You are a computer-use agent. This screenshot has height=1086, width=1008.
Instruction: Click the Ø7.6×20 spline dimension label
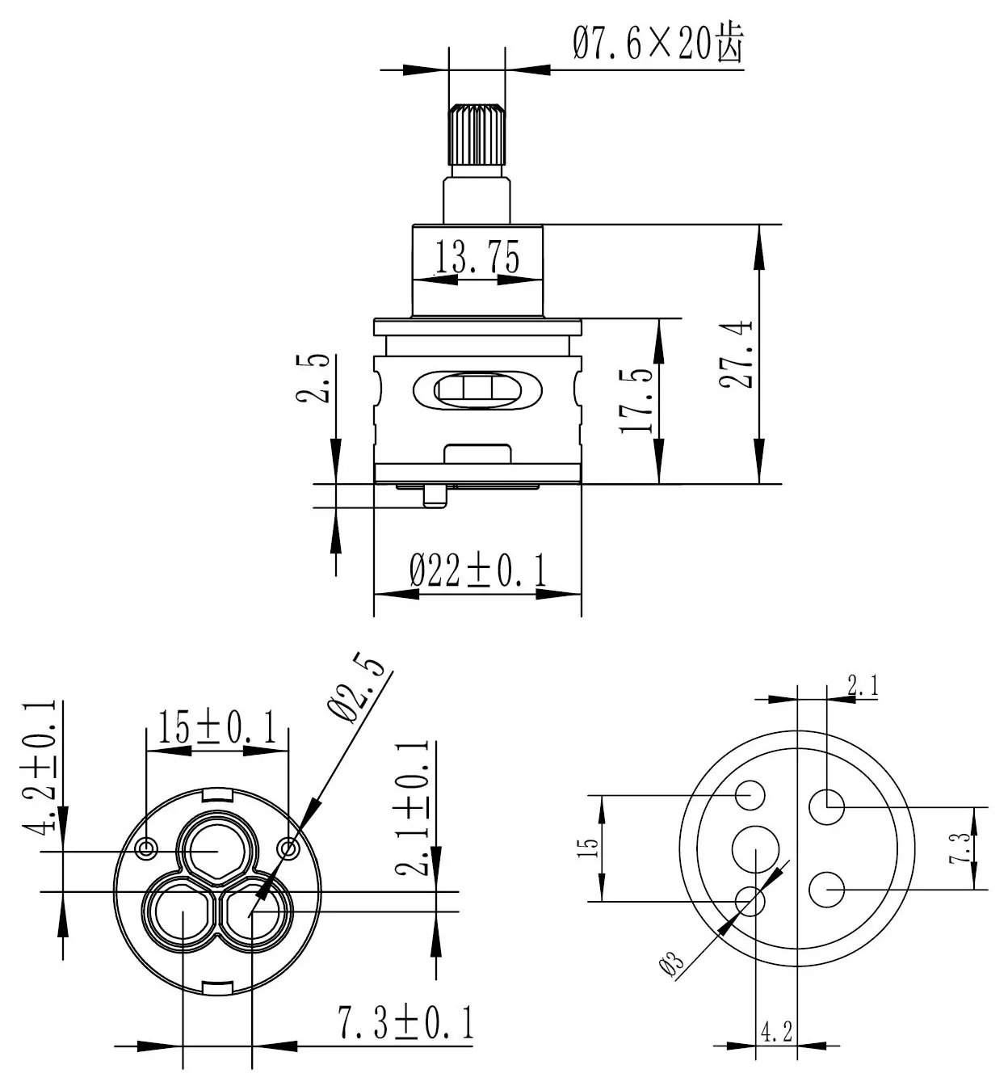658,42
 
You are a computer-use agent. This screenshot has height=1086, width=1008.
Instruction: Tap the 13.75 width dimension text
477,256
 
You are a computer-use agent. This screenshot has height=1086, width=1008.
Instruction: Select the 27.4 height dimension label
737,355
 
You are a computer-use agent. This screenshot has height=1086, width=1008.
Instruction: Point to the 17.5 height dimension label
636,401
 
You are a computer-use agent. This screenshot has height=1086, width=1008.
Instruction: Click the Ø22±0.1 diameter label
478,570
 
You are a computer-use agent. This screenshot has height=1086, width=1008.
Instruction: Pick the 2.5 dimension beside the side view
313,379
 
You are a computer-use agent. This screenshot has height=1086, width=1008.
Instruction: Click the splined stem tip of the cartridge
477,134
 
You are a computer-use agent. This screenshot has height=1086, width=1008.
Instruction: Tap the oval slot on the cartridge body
477,390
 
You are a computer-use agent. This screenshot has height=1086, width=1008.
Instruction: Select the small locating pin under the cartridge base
435,496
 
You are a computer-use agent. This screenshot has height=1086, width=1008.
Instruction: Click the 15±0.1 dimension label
217,726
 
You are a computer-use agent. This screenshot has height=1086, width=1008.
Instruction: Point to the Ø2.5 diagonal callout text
356,688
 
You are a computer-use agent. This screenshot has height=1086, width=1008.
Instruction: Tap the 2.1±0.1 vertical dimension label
412,809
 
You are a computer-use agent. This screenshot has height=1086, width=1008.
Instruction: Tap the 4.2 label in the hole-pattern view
776,1032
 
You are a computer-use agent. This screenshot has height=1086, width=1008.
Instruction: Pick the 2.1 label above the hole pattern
863,684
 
